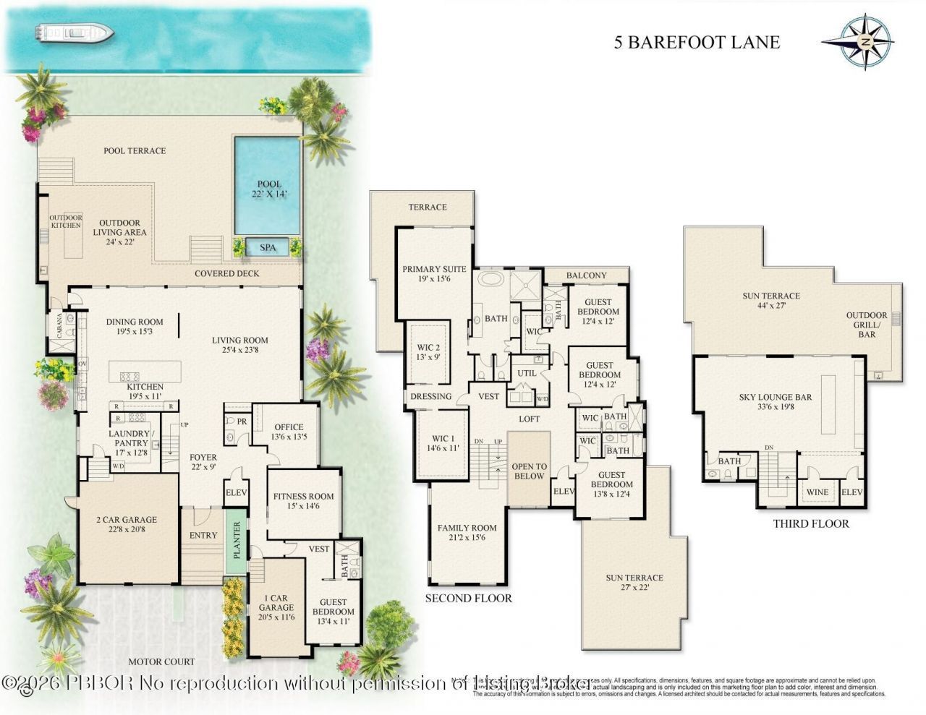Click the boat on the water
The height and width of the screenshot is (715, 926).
pos(75,33)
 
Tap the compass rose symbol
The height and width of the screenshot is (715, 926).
pos(865,43)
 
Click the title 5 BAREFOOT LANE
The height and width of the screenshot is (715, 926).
pos(697,42)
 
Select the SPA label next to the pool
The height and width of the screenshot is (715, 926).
pos(267,247)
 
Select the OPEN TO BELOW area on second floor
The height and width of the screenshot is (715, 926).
pos(529,471)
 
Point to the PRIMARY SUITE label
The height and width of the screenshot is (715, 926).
pos(434,273)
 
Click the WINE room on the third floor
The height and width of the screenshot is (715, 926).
pos(817,493)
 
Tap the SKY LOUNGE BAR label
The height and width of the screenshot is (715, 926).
pos(776,402)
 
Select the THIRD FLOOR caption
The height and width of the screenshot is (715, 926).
pos(810,523)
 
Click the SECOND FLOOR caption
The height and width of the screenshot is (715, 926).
pos(468,598)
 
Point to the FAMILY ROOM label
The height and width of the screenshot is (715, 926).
pos(467,533)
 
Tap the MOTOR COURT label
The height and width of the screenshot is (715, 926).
pos(161,662)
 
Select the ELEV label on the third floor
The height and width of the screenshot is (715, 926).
pos(851,493)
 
